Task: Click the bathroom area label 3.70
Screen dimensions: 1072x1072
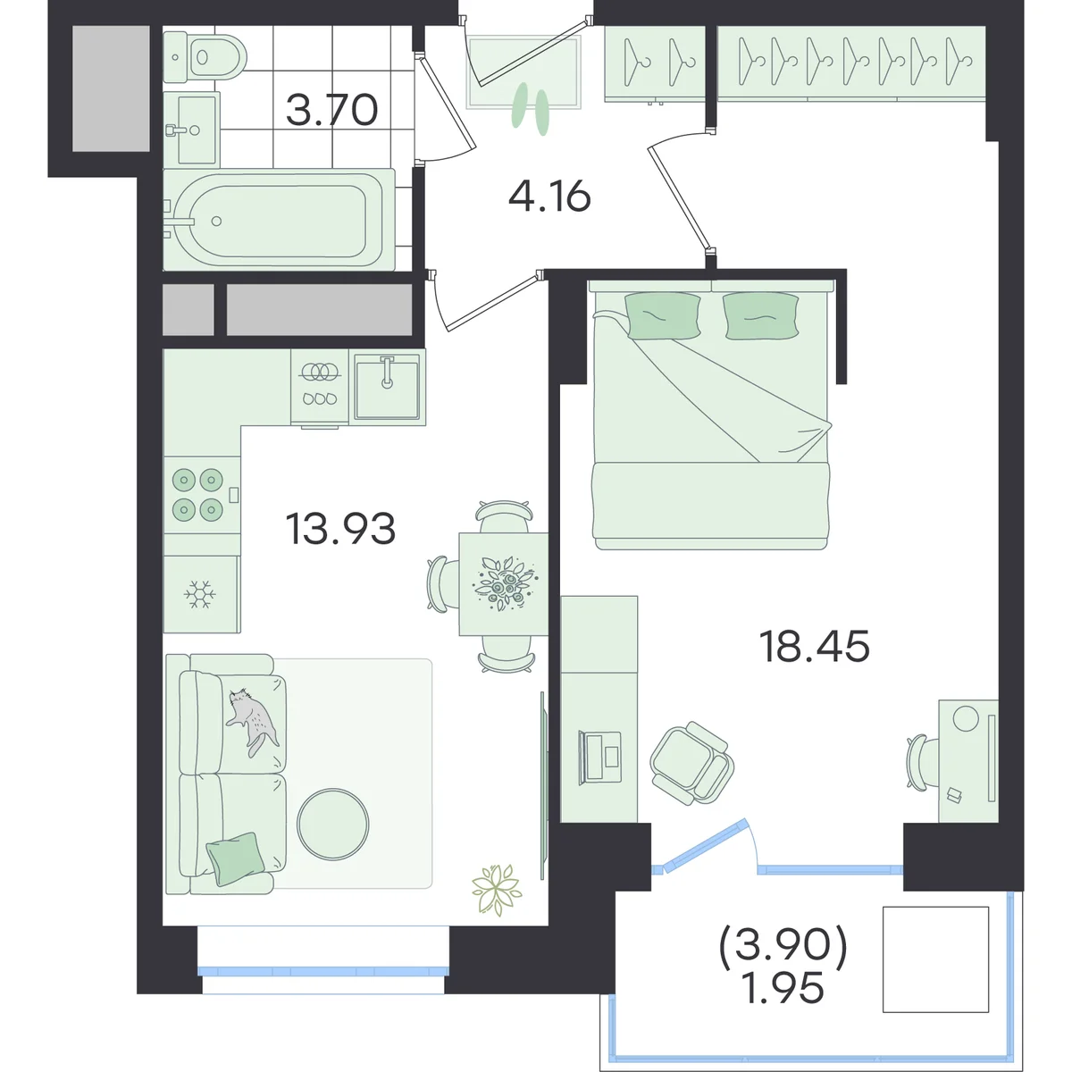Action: [x=332, y=110]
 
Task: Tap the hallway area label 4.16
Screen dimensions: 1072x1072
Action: [x=549, y=197]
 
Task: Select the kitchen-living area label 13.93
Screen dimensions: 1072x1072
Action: [x=340, y=529]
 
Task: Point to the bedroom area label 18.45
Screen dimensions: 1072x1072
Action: [x=815, y=646]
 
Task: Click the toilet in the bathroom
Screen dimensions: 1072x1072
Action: [x=205, y=57]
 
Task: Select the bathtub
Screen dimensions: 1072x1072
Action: [x=279, y=220]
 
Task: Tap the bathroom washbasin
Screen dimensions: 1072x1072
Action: [x=192, y=130]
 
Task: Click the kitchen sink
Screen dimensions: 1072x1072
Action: [x=387, y=387]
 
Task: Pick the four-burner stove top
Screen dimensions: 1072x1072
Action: [x=202, y=495]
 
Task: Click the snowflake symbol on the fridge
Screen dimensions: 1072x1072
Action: [x=200, y=595]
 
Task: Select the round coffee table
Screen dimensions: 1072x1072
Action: [x=332, y=825]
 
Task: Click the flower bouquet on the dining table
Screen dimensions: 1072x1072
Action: [x=505, y=584]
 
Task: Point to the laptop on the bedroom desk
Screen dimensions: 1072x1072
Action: [x=599, y=758]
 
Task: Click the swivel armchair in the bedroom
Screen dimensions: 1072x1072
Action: [x=692, y=763]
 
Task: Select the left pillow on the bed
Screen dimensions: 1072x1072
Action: [x=663, y=315]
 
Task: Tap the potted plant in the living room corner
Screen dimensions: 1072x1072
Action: [x=496, y=890]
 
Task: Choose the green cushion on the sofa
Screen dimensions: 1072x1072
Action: [x=235, y=858]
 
